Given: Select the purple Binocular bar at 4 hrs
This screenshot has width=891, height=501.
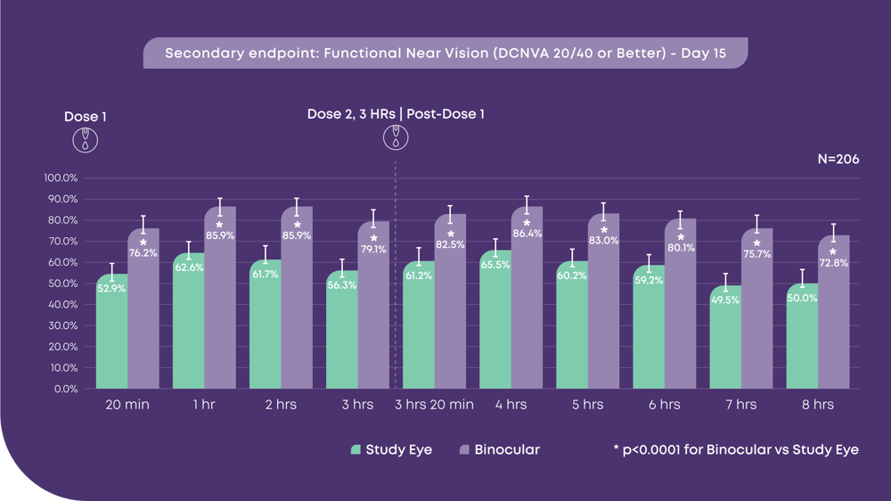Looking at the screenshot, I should [x=527, y=303].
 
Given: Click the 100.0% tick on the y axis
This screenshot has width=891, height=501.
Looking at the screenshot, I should [x=61, y=177].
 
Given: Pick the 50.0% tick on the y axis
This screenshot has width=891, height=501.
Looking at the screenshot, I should [x=61, y=283].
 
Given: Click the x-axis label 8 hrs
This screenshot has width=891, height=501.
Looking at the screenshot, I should [x=817, y=405].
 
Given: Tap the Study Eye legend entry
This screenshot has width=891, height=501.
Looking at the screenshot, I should [x=391, y=450].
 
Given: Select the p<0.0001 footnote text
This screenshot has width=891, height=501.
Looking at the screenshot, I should [x=736, y=450].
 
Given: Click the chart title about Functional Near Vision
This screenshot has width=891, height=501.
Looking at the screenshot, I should [x=445, y=53].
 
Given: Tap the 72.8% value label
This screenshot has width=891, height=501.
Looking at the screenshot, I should [x=833, y=263].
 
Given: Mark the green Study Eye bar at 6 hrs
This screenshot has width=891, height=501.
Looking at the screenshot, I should [x=649, y=330].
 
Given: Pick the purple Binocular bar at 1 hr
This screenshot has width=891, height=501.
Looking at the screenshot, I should [x=219, y=303].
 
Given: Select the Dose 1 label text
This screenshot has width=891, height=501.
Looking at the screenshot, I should [x=86, y=117].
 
